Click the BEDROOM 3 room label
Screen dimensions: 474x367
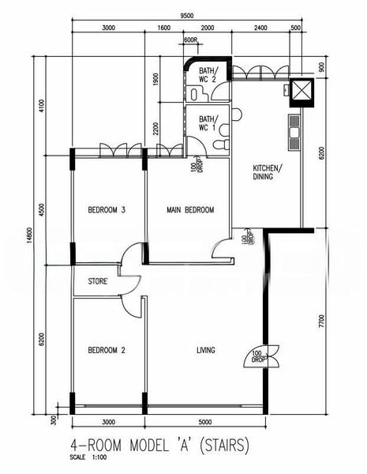(x=107, y=209)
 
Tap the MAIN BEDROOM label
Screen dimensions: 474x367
(x=190, y=209)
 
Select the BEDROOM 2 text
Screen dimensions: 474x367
(x=107, y=350)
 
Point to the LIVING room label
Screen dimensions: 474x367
(x=206, y=350)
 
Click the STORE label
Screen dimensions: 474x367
(x=98, y=280)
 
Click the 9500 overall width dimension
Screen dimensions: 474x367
(x=187, y=16)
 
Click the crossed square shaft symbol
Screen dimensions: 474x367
(x=301, y=91)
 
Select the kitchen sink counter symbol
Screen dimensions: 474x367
(x=295, y=133)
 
